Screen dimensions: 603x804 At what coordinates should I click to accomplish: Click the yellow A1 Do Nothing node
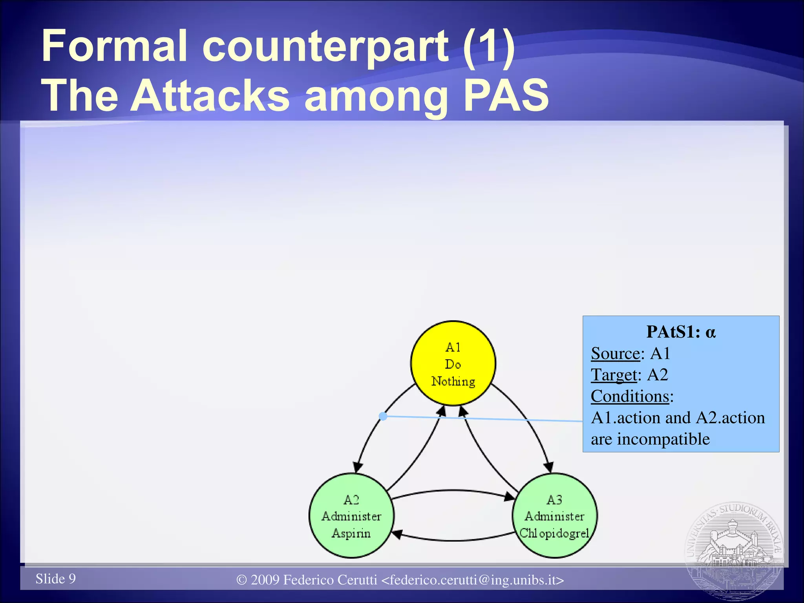[x=453, y=363]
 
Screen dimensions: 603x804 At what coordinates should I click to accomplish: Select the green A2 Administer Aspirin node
[x=351, y=516]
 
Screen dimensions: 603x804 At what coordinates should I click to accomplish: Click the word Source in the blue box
[x=616, y=354]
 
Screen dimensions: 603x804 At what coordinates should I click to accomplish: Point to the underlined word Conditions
[x=630, y=397]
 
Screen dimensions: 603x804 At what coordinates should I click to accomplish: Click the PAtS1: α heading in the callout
[x=681, y=332]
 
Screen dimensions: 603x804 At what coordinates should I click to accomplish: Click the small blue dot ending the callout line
[x=384, y=416]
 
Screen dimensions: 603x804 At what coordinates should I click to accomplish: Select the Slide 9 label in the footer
[x=56, y=579]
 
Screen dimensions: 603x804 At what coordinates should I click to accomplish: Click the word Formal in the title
[x=114, y=46]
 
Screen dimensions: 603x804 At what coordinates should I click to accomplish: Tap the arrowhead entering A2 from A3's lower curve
[x=397, y=534]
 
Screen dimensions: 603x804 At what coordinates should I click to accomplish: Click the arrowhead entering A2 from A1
[x=357, y=467]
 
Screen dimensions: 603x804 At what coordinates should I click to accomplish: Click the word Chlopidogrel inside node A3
[x=554, y=533]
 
